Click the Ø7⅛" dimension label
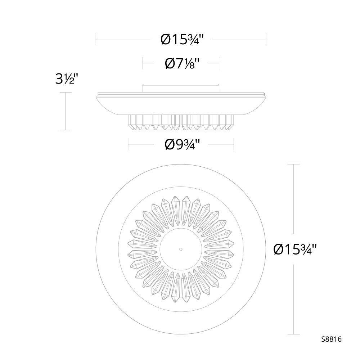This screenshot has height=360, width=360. pyautogui.click(x=181, y=63)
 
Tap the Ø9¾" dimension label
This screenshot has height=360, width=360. pyautogui.click(x=181, y=144)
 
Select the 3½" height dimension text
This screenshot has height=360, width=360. pyautogui.click(x=65, y=79)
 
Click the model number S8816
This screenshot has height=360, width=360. pyautogui.click(x=332, y=339)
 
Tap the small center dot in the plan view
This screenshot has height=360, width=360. pyautogui.click(x=181, y=249)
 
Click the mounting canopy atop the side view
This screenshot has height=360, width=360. pyautogui.click(x=181, y=88)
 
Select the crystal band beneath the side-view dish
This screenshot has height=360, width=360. pyautogui.click(x=181, y=123)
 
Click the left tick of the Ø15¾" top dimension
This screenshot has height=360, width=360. pyautogui.click(x=96, y=39)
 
